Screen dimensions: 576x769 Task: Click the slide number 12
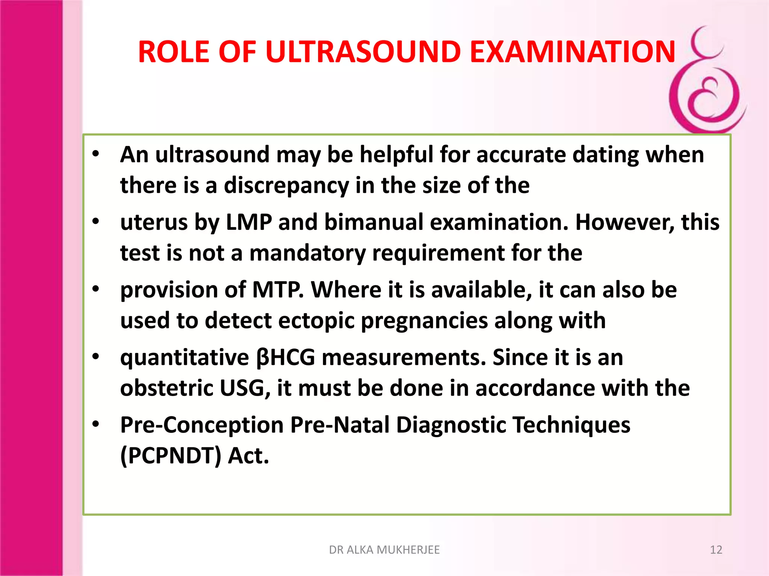[x=716, y=550]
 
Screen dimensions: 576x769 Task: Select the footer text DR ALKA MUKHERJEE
[x=384, y=550]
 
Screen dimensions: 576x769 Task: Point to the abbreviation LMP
[x=249, y=222]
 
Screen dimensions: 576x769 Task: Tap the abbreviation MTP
[x=277, y=290]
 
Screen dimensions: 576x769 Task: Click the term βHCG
[x=285, y=357]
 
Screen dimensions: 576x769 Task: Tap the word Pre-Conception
[x=202, y=425]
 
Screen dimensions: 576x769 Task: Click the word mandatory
[x=307, y=253]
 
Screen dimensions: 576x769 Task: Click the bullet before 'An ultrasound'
[x=96, y=154]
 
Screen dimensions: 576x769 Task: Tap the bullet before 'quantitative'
[x=96, y=357]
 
